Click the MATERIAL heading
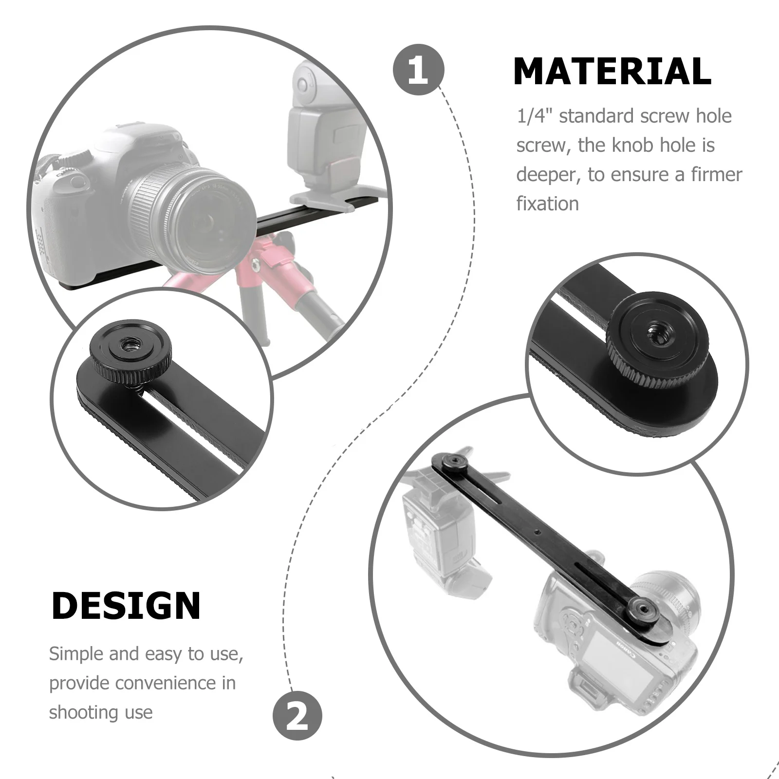[x=612, y=72]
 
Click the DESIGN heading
[x=126, y=606]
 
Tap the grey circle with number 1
[x=418, y=70]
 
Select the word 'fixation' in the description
[x=547, y=204]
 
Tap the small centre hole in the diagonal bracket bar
[x=536, y=532]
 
